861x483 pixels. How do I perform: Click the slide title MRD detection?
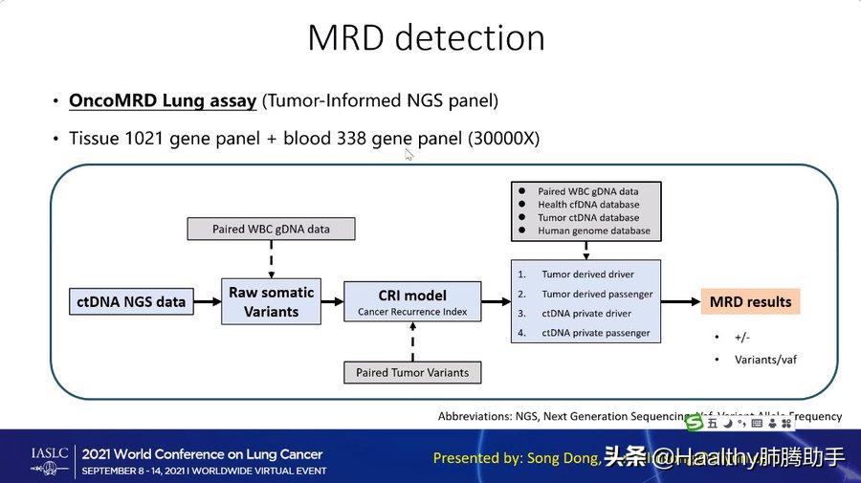coord(426,38)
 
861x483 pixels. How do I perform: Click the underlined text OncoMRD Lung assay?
coord(162,100)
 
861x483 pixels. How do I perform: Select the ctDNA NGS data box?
coord(131,301)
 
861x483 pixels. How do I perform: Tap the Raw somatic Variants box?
coord(271,301)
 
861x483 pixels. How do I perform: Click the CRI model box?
coord(412,301)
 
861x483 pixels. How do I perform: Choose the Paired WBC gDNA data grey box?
coord(271,229)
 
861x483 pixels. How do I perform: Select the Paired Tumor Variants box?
coord(412,372)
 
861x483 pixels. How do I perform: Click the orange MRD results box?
coord(750,301)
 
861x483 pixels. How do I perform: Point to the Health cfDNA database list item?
coord(588,205)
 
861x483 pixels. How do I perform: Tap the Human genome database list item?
coord(593,231)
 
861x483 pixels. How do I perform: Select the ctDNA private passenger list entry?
coord(595,333)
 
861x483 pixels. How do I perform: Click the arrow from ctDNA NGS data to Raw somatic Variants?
coord(206,301)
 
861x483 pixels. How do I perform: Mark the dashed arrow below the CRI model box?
coord(412,342)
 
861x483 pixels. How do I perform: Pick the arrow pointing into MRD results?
coord(680,301)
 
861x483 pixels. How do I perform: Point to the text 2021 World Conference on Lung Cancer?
coord(202,454)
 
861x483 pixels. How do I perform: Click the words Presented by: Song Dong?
coord(515,458)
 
